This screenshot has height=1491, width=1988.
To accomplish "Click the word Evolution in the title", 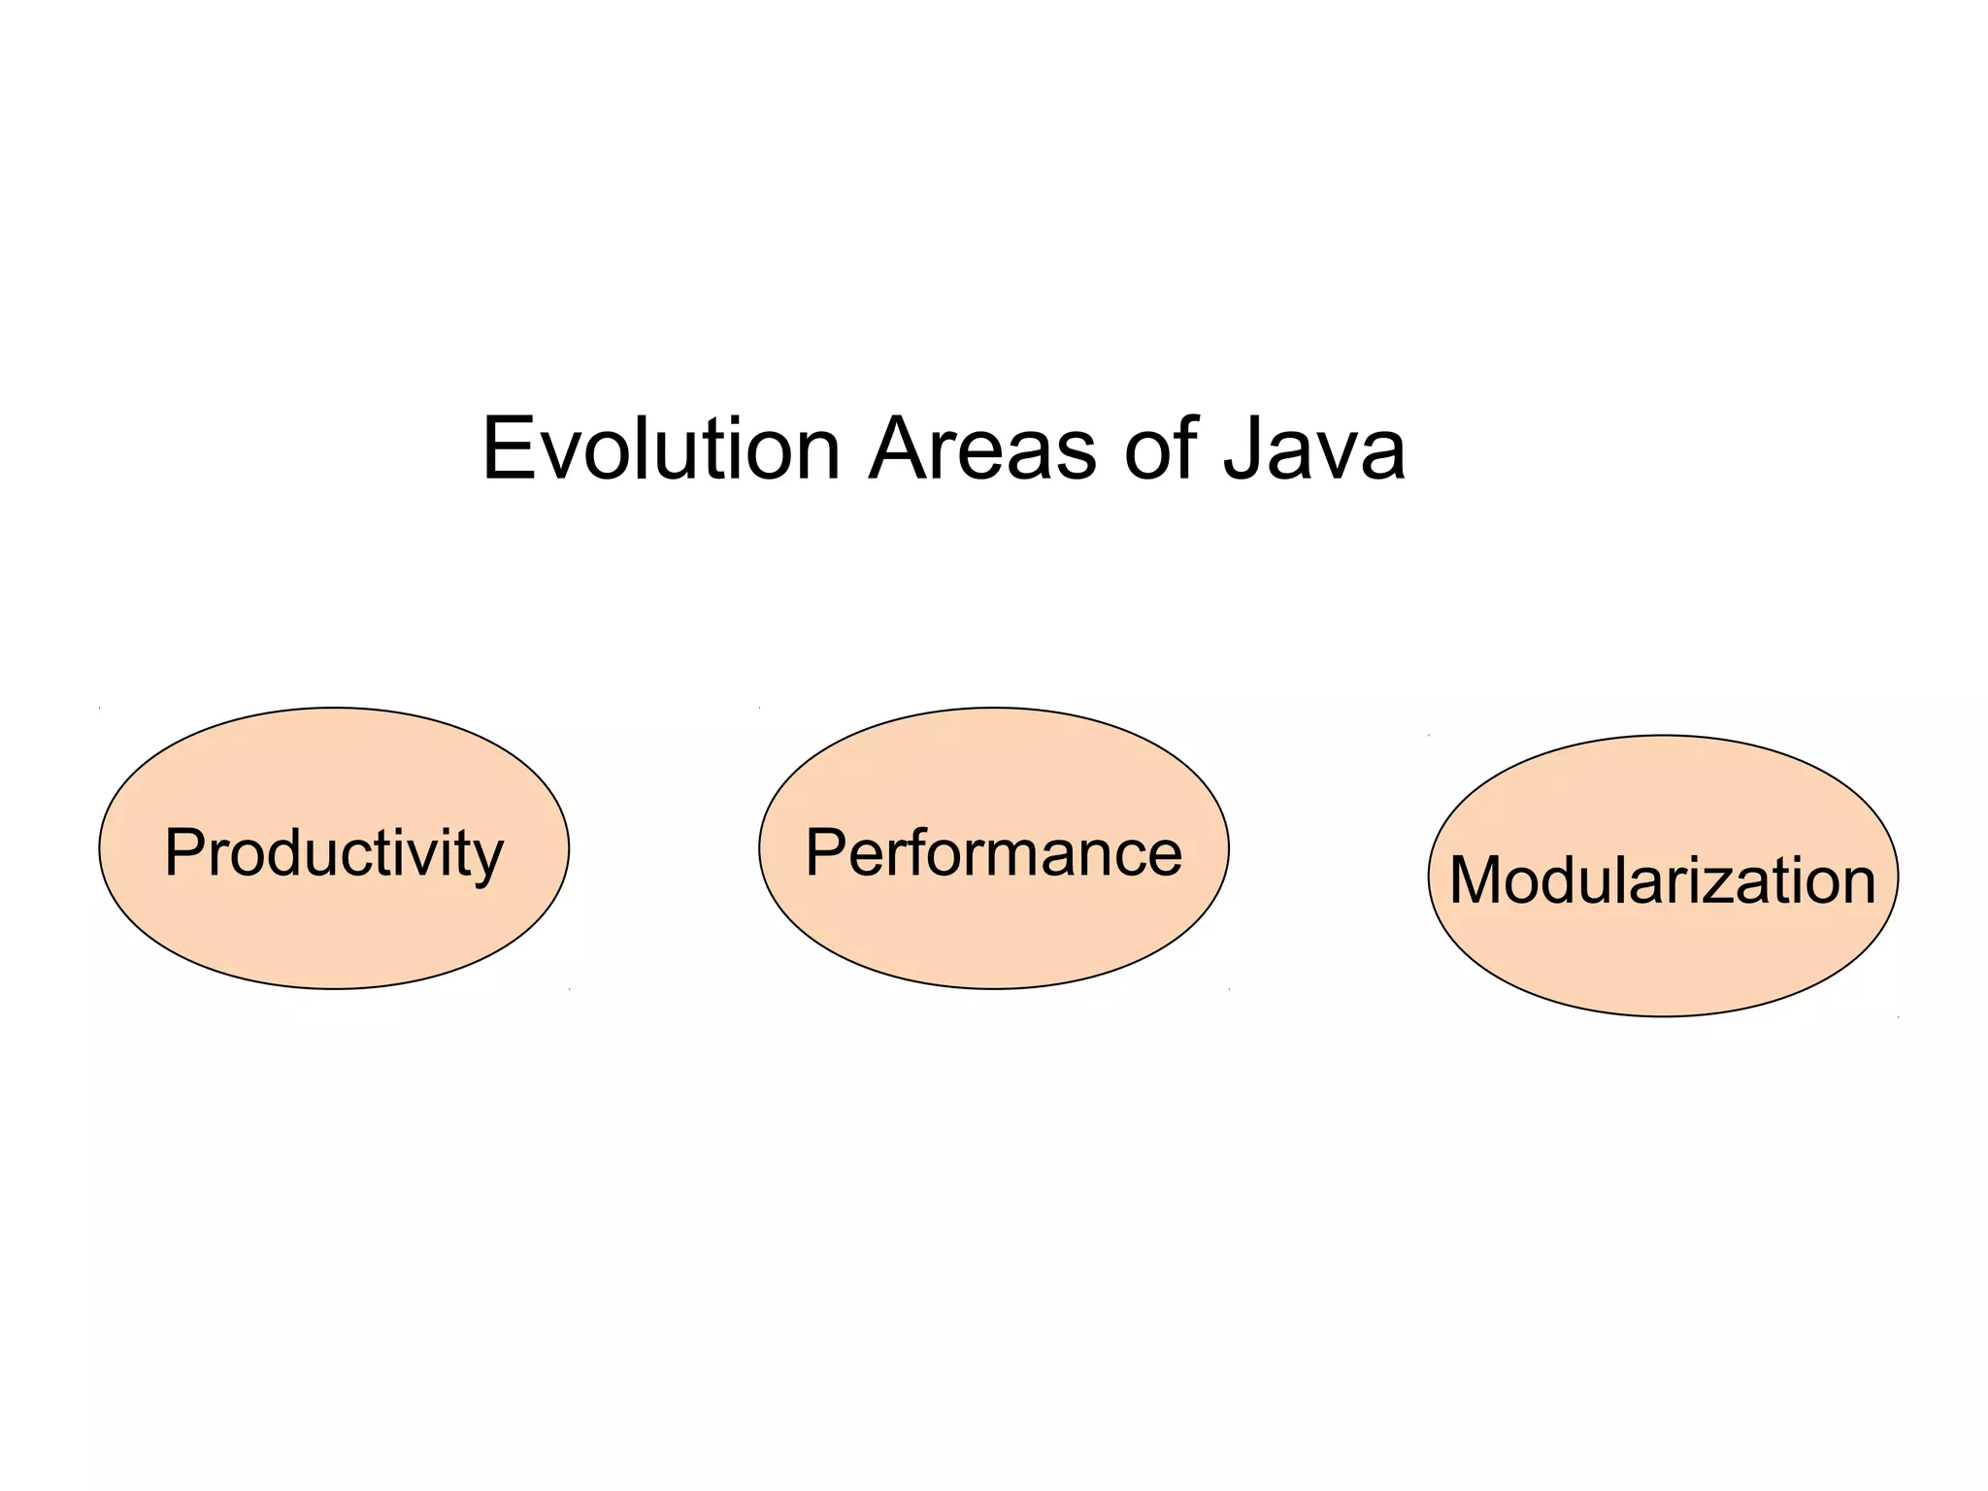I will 660,448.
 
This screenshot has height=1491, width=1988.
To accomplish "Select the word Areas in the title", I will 981,448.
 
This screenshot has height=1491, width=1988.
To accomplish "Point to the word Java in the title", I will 1313,448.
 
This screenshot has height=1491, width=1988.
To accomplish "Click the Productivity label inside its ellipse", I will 334,853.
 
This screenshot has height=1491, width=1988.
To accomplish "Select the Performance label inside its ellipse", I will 993,853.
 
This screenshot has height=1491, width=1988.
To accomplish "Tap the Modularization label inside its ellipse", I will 1662,880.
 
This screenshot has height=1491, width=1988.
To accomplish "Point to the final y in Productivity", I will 489,860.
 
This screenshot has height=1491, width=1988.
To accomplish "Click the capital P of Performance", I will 826,853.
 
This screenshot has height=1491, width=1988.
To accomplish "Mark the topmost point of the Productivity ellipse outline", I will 334,708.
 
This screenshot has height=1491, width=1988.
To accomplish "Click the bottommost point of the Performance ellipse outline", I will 994,989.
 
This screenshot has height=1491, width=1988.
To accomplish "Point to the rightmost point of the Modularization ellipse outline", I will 1898,876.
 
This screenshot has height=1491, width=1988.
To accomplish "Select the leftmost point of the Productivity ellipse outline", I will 99,848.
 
